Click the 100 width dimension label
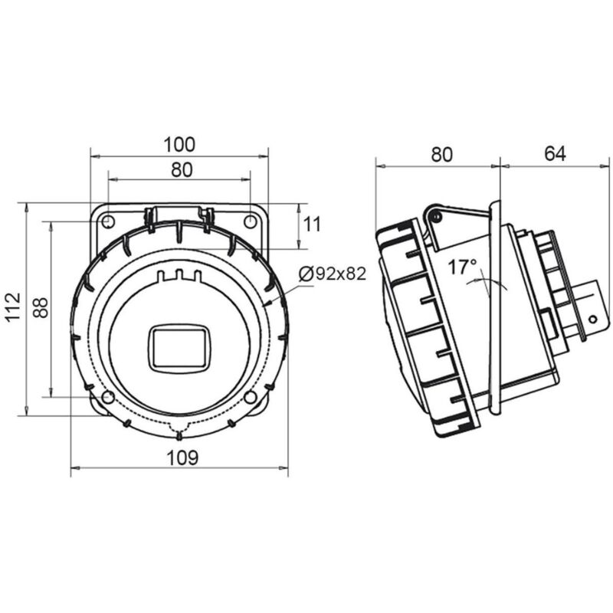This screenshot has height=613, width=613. (179, 144)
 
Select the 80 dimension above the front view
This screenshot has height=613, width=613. (181, 170)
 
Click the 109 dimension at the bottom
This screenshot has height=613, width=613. (182, 458)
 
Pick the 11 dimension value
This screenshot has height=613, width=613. (312, 225)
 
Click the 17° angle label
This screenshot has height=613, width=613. (463, 267)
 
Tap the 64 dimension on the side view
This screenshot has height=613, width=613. (555, 154)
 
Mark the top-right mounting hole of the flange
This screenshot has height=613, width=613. (250, 221)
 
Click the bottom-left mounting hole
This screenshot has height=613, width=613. (109, 396)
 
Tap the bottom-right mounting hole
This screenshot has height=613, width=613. (250, 396)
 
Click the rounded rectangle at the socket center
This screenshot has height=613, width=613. (179, 346)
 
